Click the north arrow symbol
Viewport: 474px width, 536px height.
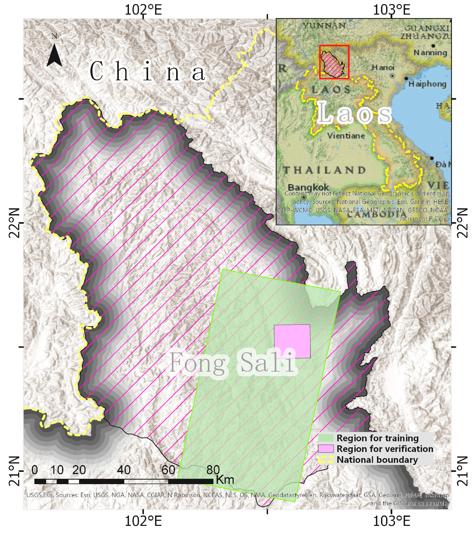point(54,55)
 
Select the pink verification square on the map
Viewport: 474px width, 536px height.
point(292,341)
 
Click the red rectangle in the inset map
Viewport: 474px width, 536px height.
point(334,62)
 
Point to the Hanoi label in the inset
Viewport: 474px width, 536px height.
point(383,68)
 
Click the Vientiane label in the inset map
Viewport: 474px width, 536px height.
point(346,136)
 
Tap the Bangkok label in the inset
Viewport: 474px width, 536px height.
point(308,187)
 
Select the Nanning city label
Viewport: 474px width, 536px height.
point(430,53)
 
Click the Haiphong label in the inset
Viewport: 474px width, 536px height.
point(427,84)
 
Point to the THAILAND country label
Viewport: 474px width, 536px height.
point(325,170)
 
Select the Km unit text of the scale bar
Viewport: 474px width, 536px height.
point(225,480)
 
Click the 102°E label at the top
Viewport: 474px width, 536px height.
point(143,10)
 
